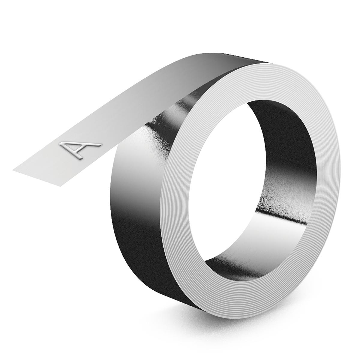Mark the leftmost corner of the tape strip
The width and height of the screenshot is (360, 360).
[13, 170]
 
